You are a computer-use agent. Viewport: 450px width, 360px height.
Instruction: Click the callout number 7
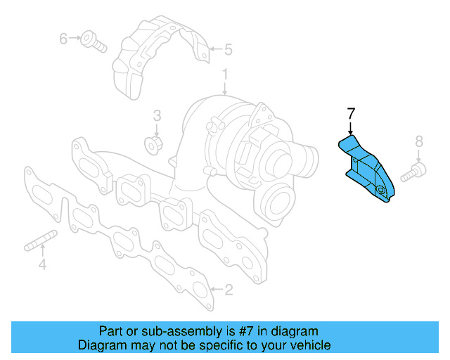click(351, 112)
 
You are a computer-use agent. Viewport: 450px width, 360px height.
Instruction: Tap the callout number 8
click(419, 141)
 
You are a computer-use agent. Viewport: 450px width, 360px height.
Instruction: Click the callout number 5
click(228, 49)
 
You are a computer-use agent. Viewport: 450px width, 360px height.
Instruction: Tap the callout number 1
click(225, 73)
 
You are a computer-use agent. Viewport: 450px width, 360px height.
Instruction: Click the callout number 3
click(157, 115)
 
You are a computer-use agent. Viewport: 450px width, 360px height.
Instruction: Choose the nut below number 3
click(153, 146)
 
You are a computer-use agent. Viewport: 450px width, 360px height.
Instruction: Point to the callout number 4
click(42, 264)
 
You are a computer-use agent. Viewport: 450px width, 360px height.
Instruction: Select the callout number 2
click(228, 289)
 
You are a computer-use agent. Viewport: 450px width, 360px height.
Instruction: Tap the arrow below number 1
click(225, 88)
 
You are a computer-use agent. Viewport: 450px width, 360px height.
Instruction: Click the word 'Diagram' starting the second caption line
click(100, 345)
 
